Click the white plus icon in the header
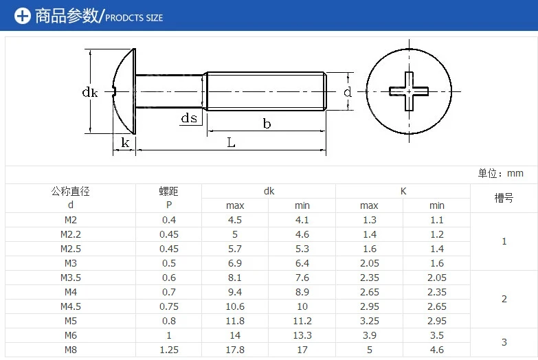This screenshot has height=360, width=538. tap(22, 16)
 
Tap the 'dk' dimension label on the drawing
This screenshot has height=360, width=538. tap(90, 92)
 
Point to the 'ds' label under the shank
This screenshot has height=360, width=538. tap(189, 118)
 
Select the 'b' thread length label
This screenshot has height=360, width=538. tap(267, 123)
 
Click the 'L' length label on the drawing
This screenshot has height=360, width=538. tap(231, 142)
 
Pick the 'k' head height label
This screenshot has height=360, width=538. tap(125, 142)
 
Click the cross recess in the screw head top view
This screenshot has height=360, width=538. tap(409, 91)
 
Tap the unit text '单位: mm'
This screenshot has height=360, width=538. tap(501, 173)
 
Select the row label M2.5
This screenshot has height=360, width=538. tap(71, 249)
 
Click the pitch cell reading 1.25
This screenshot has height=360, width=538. tap(169, 350)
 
